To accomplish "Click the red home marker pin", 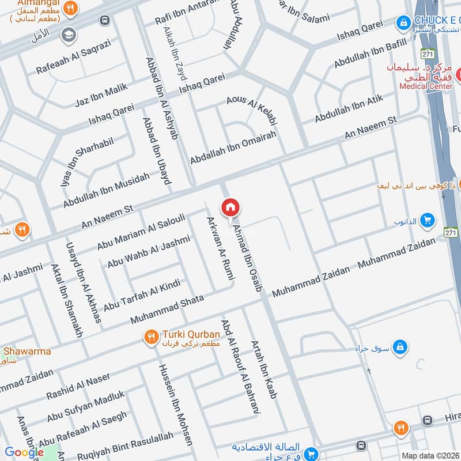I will (230, 207).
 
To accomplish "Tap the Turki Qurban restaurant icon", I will (151, 337).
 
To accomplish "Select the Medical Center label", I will (426, 86).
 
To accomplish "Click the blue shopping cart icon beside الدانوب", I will (427, 220).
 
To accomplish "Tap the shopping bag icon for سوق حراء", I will (402, 347).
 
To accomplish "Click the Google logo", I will (24, 452).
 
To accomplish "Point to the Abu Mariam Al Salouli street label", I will (141, 232).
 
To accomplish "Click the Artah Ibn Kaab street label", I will (263, 369).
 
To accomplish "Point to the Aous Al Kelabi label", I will (252, 109).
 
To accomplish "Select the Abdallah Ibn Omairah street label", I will (233, 147).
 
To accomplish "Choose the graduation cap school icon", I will (69, 34).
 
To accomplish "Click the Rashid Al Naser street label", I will (78, 387).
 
